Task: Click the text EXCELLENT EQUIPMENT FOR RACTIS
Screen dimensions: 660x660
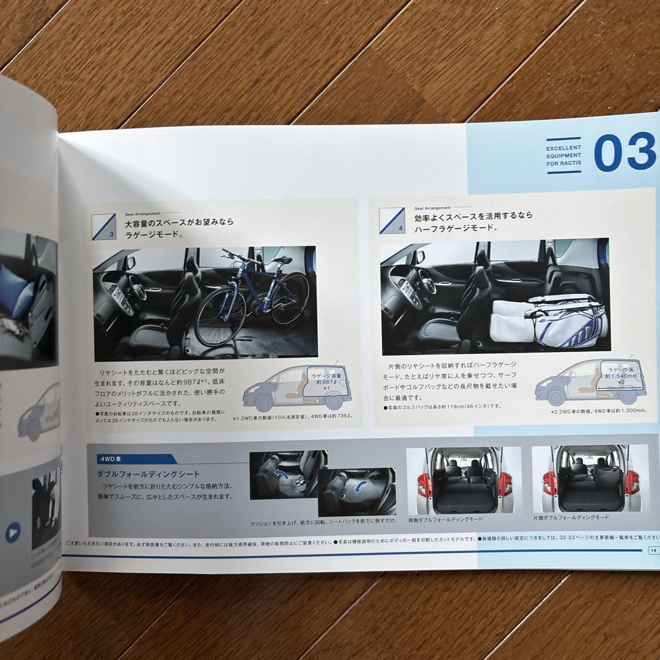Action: click(563, 156)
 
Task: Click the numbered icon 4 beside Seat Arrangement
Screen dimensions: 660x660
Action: click(392, 221)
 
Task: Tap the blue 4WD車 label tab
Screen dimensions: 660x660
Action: click(131, 458)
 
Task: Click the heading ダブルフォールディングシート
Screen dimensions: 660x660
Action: click(148, 474)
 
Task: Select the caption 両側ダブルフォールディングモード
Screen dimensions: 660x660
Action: click(445, 519)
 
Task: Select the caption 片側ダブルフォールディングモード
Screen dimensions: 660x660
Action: click(571, 517)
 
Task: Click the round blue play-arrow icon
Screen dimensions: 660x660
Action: click(13, 533)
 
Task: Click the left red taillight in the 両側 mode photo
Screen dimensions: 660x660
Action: click(422, 485)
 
